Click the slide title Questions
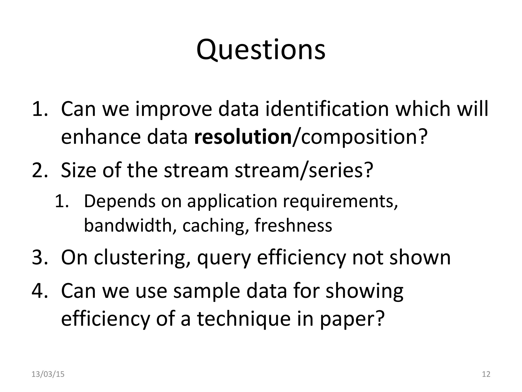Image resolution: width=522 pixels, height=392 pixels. coord(261,50)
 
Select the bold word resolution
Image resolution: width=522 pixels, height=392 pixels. coord(243,137)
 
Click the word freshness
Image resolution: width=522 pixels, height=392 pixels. coord(293,225)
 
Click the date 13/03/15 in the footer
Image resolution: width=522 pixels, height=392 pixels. coord(48,374)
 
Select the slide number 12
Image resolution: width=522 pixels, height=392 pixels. coord(486,374)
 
